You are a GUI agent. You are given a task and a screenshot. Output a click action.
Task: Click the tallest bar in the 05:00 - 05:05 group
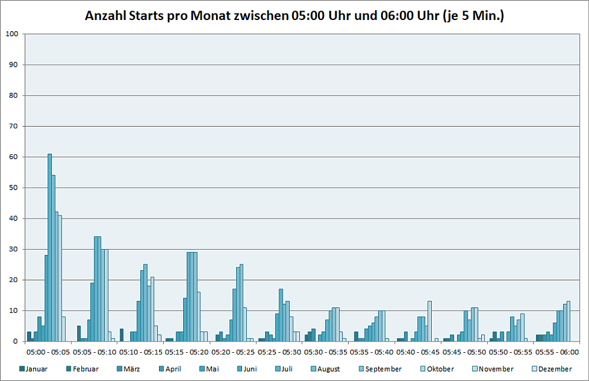click(x=49, y=247)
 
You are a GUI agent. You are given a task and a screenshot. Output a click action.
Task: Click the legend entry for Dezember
click(x=551, y=369)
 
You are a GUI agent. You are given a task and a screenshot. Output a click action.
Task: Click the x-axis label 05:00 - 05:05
click(x=48, y=352)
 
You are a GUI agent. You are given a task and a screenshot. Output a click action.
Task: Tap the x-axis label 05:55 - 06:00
click(x=557, y=352)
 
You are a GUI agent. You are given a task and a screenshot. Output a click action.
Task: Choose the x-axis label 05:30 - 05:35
click(x=326, y=352)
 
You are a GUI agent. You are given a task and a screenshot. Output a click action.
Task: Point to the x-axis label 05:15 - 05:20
click(x=187, y=352)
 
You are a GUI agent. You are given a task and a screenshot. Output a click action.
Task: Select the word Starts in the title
click(x=144, y=16)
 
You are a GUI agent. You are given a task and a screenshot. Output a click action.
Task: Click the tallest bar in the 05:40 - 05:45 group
click(x=429, y=322)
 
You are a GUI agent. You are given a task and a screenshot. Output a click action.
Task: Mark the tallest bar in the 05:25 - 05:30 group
click(x=281, y=315)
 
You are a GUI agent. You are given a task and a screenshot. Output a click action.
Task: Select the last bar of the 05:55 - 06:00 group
click(x=568, y=322)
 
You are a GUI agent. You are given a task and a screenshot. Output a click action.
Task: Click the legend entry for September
click(x=383, y=369)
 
